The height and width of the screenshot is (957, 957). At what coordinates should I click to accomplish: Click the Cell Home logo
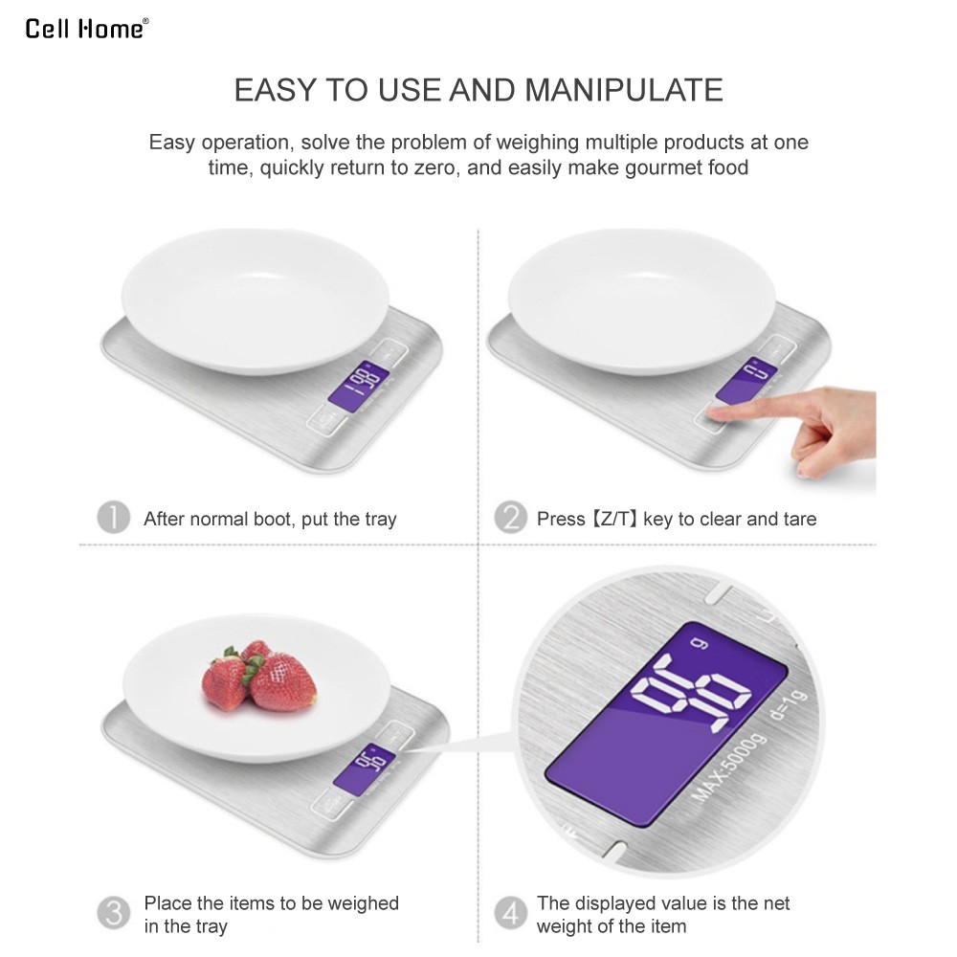[87, 29]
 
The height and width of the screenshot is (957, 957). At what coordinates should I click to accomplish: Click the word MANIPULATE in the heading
[623, 90]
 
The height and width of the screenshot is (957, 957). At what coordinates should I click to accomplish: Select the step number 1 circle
[114, 518]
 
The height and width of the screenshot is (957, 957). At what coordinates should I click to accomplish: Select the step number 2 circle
[510, 518]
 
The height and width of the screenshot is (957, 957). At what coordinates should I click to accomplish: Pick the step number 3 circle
[114, 913]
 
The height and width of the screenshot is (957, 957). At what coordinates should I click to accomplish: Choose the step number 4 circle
[510, 913]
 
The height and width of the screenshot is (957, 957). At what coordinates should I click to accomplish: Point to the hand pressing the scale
[806, 426]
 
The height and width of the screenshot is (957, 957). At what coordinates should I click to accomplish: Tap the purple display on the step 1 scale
[358, 386]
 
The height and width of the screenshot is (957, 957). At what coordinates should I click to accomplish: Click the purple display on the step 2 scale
[746, 380]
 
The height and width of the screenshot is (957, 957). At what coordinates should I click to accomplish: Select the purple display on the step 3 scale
[364, 769]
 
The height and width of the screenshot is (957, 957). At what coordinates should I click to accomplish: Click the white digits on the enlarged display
[690, 693]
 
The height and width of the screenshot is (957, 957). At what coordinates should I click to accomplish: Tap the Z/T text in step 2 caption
[615, 519]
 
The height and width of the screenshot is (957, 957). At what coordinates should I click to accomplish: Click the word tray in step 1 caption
[381, 520]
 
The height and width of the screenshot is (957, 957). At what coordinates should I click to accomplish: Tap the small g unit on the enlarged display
[700, 643]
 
